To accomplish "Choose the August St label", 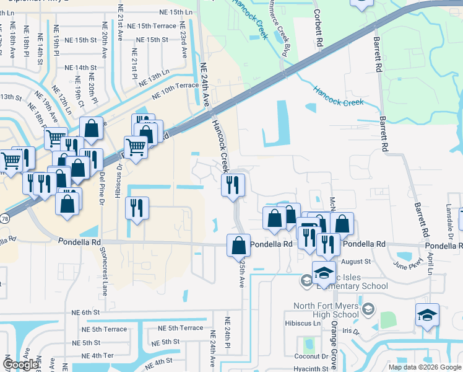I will pos(355,262).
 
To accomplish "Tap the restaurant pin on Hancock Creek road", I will pos(233,185).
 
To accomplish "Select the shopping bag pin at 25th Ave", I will pos(238,246).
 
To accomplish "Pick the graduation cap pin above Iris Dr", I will pos(427,315).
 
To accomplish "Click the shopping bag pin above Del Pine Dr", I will pos(91,129).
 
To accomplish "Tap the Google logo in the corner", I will pos(20,365).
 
